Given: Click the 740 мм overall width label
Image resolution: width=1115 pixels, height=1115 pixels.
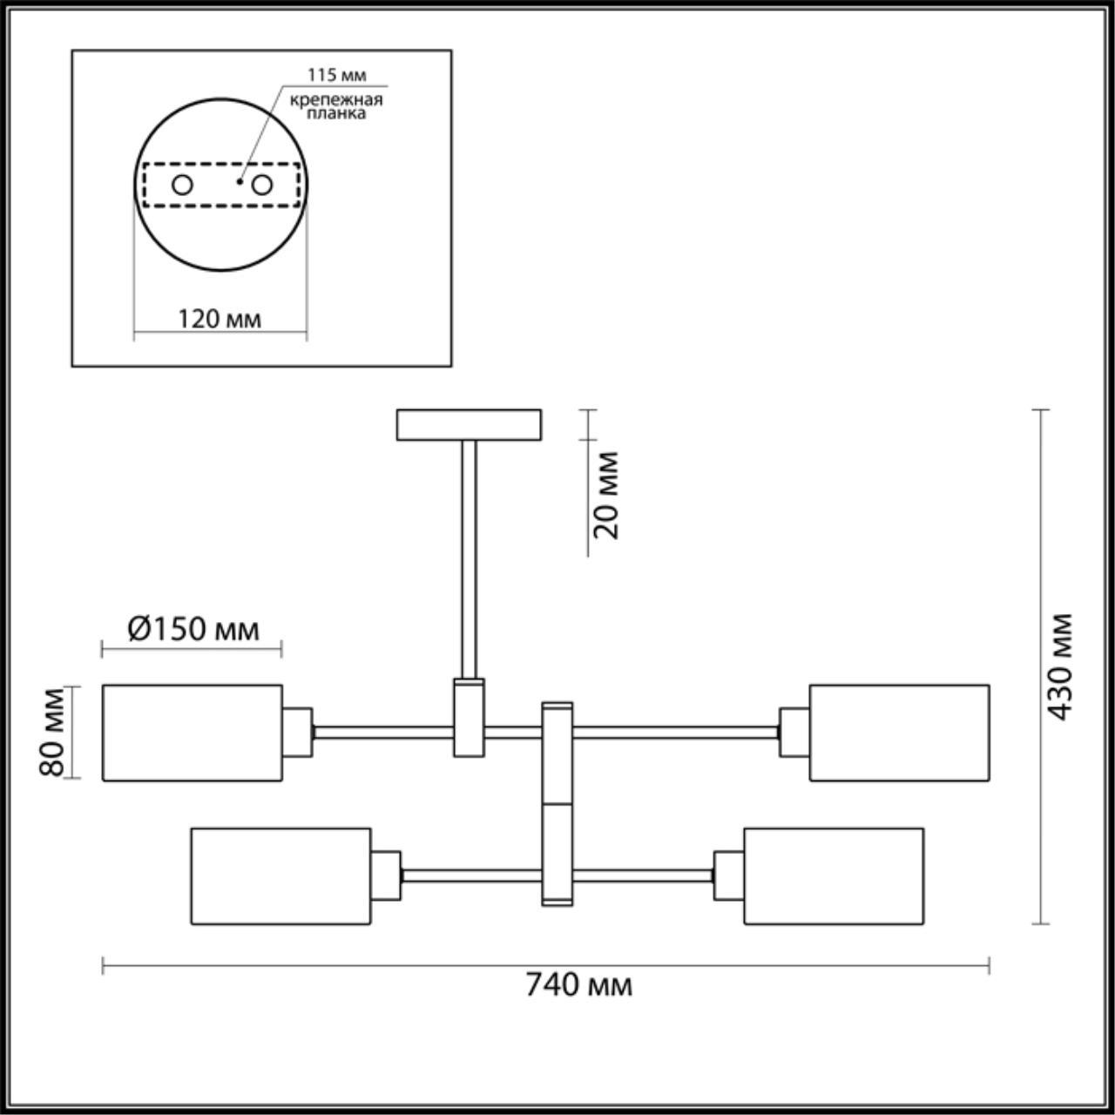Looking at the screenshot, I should coord(578,985).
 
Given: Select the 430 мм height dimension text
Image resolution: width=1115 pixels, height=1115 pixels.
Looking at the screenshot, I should coord(1060,667).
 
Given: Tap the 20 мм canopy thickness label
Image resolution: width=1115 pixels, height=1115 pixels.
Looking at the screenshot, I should coord(607,495).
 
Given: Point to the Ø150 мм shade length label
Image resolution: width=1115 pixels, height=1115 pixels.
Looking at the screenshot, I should coord(193,629).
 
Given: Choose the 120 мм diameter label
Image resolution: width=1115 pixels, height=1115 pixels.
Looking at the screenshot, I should coord(220,319).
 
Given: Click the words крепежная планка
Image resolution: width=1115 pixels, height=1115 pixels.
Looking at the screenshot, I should coord(336,106).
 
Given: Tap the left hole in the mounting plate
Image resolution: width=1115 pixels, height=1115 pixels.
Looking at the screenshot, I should coord(182,185).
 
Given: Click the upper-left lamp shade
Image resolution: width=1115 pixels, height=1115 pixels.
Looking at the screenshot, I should coord(193,733).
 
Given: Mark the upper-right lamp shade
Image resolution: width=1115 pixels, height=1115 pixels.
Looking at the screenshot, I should coord(899,733).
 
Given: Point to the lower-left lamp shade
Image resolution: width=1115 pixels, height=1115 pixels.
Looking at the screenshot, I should coord(280,875).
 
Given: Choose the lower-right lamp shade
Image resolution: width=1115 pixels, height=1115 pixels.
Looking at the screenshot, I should coord(834,875).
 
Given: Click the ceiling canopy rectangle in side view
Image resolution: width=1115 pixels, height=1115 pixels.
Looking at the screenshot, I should coord(469,424).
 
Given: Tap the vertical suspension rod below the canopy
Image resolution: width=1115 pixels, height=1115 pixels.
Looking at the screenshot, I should coord(470,557).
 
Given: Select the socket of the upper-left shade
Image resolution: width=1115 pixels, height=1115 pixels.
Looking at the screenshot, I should coord(297,732).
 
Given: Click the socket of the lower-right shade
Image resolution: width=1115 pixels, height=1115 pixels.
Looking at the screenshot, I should coord(728,875).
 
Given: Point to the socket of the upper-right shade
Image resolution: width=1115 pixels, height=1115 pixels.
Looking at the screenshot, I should coord(794,732).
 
